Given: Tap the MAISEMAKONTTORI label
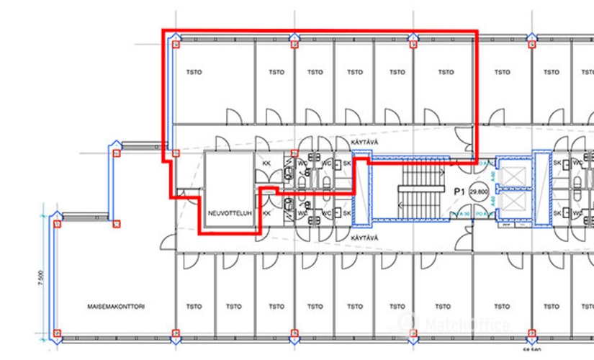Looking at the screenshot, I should click(117, 306).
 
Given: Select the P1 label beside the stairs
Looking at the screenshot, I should click(459, 192).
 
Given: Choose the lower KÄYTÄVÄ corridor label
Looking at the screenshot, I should click(364, 236).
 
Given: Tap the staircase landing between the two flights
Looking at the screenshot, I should click(382, 192).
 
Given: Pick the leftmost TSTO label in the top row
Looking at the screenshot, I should click(194, 72).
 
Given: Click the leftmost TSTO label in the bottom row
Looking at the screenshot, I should click(194, 306).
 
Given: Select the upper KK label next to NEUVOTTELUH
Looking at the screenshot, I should click(266, 163).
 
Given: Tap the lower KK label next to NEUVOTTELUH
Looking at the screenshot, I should click(266, 214).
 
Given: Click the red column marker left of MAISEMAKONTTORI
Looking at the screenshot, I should click(58, 335).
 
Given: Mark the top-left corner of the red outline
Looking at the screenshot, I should click(163, 31).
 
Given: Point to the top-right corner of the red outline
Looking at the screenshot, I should click(476, 31).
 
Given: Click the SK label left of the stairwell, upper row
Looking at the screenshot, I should click(346, 163).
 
